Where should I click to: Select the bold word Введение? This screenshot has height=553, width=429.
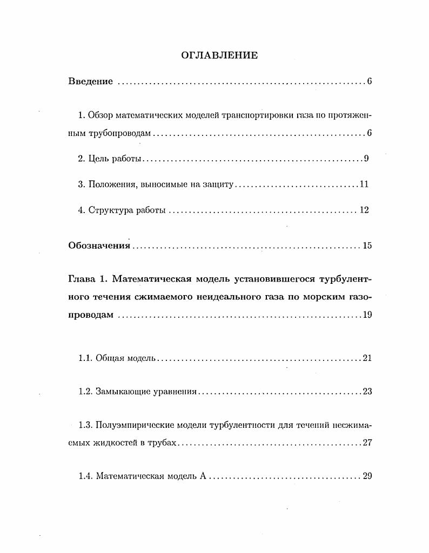coord(91,81)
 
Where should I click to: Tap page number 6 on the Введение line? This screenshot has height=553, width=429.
coord(369,81)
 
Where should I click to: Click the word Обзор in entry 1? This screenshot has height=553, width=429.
coord(100,116)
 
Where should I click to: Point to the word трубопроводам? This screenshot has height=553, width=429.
coord(120,133)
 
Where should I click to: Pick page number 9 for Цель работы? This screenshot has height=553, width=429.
coord(366,159)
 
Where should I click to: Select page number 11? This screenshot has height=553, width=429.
coord(364,185)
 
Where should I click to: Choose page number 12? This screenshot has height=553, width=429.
coord(364,210)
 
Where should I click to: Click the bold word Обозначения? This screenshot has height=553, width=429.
coord(99,246)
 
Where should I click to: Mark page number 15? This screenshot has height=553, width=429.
coord(367,246)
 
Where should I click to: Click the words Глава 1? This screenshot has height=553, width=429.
coord(86,279)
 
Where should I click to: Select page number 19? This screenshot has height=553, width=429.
coord(367,315)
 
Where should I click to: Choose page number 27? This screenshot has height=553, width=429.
coord(367,443)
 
